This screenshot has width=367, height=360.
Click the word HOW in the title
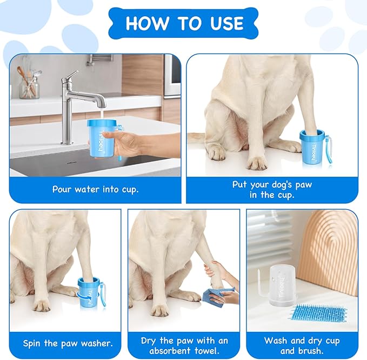tap(147, 23)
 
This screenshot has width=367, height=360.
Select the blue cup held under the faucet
tap(102, 139)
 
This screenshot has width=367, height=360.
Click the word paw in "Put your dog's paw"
tap(303, 185)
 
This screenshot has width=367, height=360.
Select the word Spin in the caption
tap(32, 343)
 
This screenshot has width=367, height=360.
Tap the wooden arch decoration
tap(332, 253)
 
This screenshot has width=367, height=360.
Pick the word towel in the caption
tap(206, 351)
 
